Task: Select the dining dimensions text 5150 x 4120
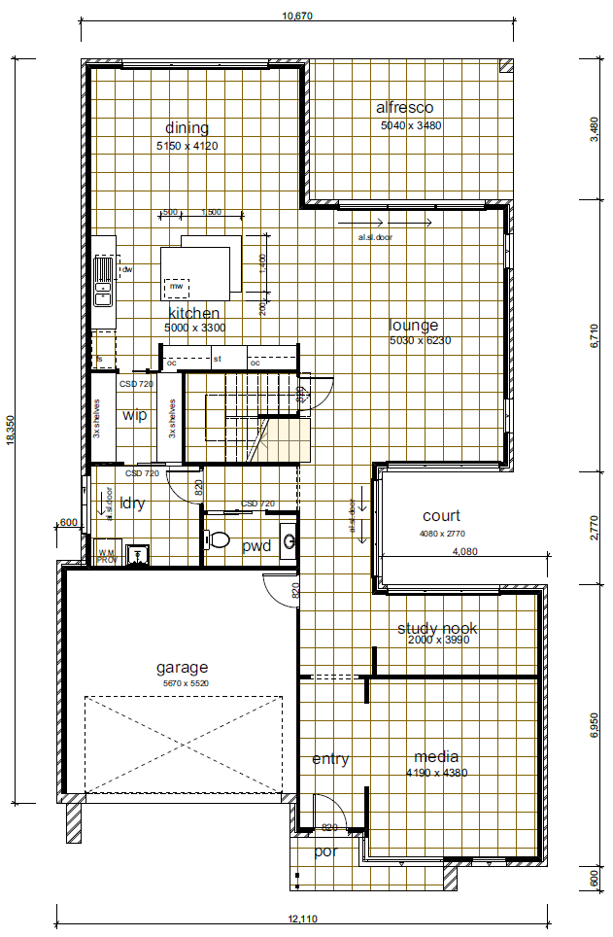pyautogui.click(x=187, y=145)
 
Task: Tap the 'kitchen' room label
pyautogui.click(x=194, y=313)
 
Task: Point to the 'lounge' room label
pyautogui.click(x=414, y=326)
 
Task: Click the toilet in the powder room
pyautogui.click(x=220, y=538)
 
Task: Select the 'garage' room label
pyautogui.click(x=183, y=668)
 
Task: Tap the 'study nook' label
pyautogui.click(x=437, y=629)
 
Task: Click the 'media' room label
pyautogui.click(x=436, y=757)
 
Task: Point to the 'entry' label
pyautogui.click(x=330, y=759)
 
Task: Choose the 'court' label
pyautogui.click(x=441, y=516)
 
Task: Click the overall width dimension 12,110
pyautogui.click(x=303, y=919)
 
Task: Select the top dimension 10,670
pyautogui.click(x=296, y=16)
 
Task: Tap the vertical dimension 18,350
pyautogui.click(x=11, y=426)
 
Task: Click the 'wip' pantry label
pyautogui.click(x=134, y=415)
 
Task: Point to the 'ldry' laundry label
pyautogui.click(x=131, y=503)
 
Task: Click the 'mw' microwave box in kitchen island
pyautogui.click(x=176, y=287)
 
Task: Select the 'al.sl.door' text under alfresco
pyautogui.click(x=375, y=236)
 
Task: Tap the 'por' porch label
pyautogui.click(x=324, y=851)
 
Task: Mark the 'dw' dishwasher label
pyautogui.click(x=126, y=269)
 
